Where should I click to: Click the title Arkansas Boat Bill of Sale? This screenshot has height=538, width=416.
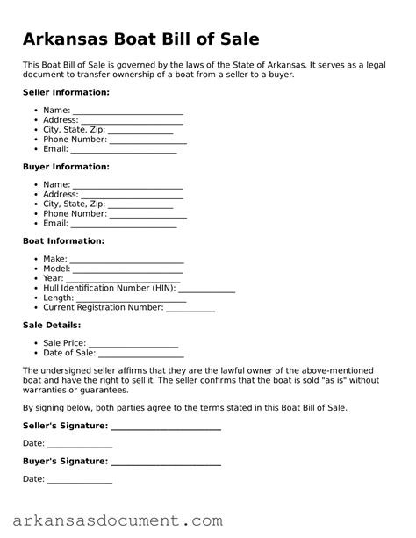pyautogui.click(x=140, y=39)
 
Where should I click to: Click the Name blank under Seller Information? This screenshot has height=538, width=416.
pyautogui.click(x=127, y=112)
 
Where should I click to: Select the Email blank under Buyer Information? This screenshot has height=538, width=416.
pyautogui.click(x=124, y=225)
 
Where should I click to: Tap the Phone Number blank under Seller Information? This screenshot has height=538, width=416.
pyautogui.click(x=147, y=140)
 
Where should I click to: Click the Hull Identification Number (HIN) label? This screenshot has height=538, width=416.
pyautogui.click(x=110, y=288)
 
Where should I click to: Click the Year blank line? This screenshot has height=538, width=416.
pyautogui.click(x=124, y=279)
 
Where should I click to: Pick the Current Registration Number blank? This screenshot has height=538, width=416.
pyautogui.click(x=190, y=308)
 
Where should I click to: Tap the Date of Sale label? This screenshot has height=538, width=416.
pyautogui.click(x=69, y=354)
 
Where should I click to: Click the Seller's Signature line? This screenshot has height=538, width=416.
pyautogui.click(x=166, y=426)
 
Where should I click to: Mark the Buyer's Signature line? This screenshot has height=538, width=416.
pyautogui.click(x=166, y=461)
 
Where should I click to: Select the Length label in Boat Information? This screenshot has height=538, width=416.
pyautogui.click(x=58, y=298)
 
